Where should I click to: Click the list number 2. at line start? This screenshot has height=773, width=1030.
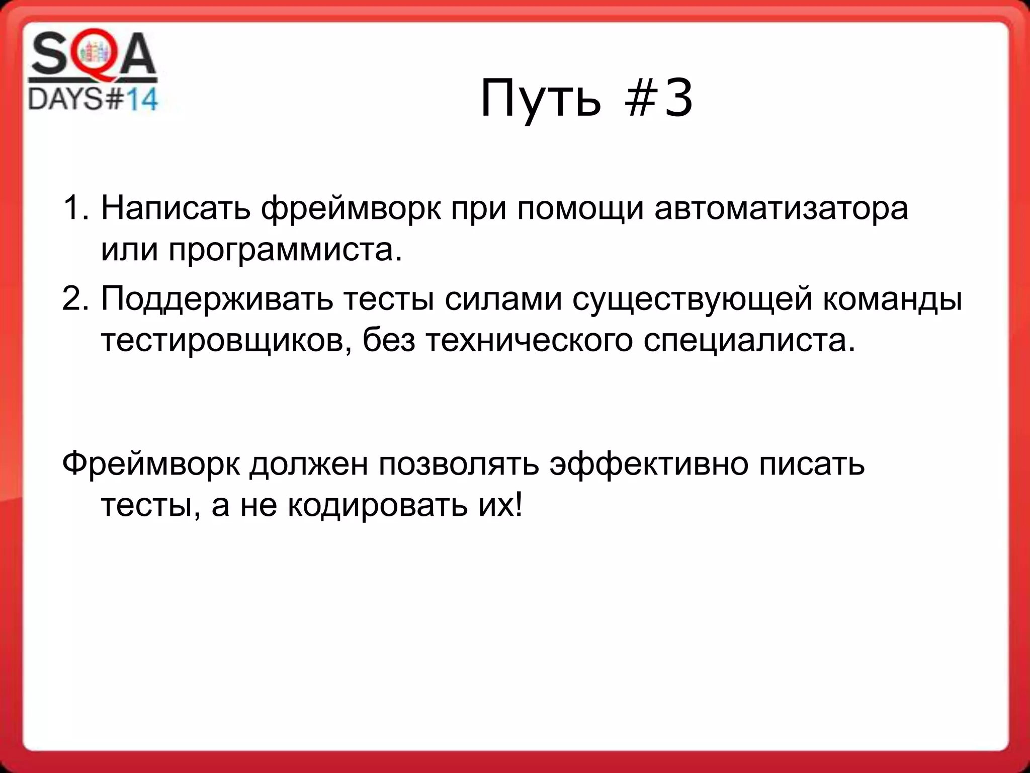pyautogui.click(x=75, y=298)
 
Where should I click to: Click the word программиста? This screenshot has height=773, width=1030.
pyautogui.click(x=285, y=250)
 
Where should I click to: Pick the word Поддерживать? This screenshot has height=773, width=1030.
pyautogui.click(x=217, y=298)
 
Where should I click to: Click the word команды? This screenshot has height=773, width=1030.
pyautogui.click(x=892, y=298)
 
